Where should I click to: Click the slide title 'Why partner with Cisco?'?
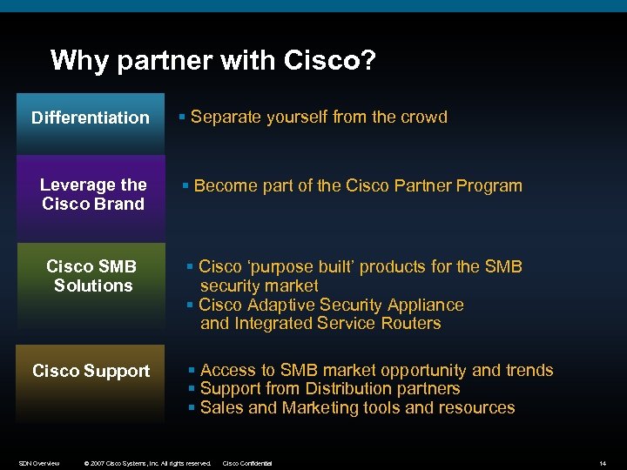[x=212, y=60]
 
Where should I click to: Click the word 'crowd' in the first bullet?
[x=424, y=117]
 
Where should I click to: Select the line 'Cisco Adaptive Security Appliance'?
[x=331, y=305]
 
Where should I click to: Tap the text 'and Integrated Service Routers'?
[x=320, y=323]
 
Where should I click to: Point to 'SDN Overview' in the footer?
[x=39, y=463]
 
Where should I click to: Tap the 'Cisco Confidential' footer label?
[x=248, y=463]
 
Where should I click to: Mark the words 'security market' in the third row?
[x=259, y=285]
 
